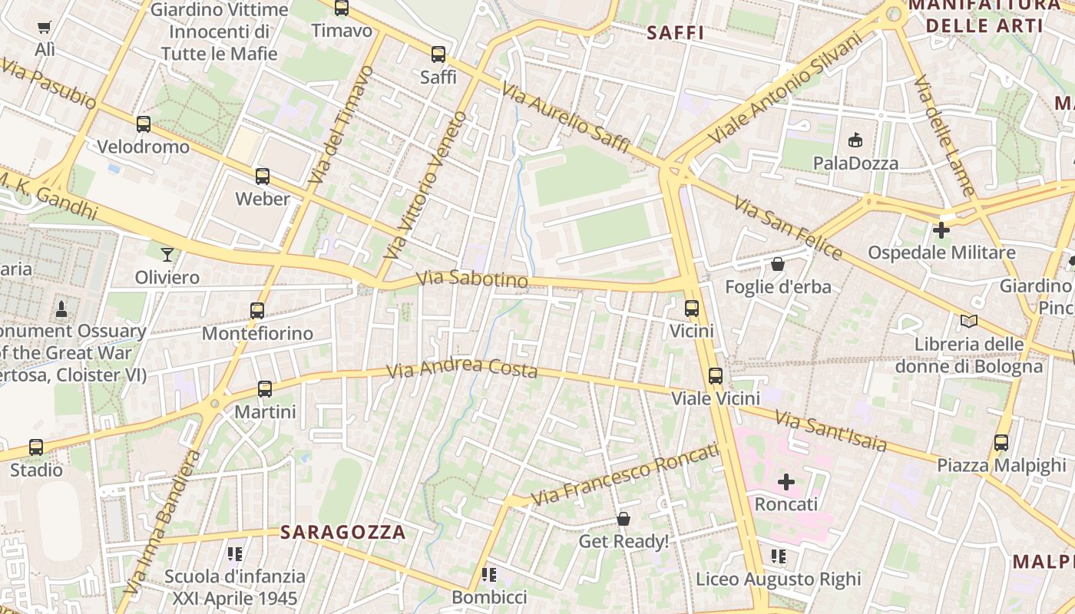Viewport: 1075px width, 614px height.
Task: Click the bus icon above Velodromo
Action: (144, 124)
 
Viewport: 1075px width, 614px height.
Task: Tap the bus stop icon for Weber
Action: (263, 177)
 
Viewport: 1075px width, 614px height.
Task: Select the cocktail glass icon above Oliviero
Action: (167, 254)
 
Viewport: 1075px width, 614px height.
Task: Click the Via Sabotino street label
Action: (471, 279)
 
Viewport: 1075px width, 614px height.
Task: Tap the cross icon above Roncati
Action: (786, 482)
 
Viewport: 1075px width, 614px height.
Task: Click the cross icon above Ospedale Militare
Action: (941, 229)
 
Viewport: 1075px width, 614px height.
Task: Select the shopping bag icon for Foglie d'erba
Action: (778, 265)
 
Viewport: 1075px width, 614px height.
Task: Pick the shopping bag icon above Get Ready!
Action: (623, 520)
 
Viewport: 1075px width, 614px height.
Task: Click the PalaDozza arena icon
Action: (855, 140)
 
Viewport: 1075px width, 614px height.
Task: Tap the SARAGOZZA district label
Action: (342, 532)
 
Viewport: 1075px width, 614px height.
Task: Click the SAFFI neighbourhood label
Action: (676, 32)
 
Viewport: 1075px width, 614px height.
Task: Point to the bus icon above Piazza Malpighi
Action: (1001, 443)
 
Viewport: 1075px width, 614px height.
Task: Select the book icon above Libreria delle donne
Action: (969, 321)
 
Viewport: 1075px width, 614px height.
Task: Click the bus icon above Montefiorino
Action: (257, 311)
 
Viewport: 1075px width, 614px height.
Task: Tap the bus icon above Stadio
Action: (36, 447)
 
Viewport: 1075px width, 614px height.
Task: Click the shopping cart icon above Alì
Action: (45, 28)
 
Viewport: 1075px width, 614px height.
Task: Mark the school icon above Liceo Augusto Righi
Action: (779, 556)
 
